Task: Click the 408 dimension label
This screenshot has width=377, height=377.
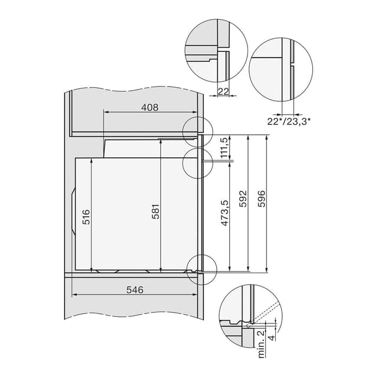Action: (150, 107)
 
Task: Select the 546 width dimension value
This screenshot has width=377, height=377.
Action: (135, 290)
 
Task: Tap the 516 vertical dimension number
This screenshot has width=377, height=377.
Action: (86, 217)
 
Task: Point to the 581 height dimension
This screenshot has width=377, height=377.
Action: (156, 211)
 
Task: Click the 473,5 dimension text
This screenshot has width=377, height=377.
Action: (224, 213)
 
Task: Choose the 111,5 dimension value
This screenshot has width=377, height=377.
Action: (224, 148)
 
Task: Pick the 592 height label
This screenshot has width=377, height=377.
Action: (243, 199)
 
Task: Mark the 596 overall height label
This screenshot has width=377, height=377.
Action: (262, 199)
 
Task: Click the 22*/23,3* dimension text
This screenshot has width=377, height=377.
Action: (289, 122)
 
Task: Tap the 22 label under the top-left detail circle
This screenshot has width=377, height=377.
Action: (223, 91)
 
